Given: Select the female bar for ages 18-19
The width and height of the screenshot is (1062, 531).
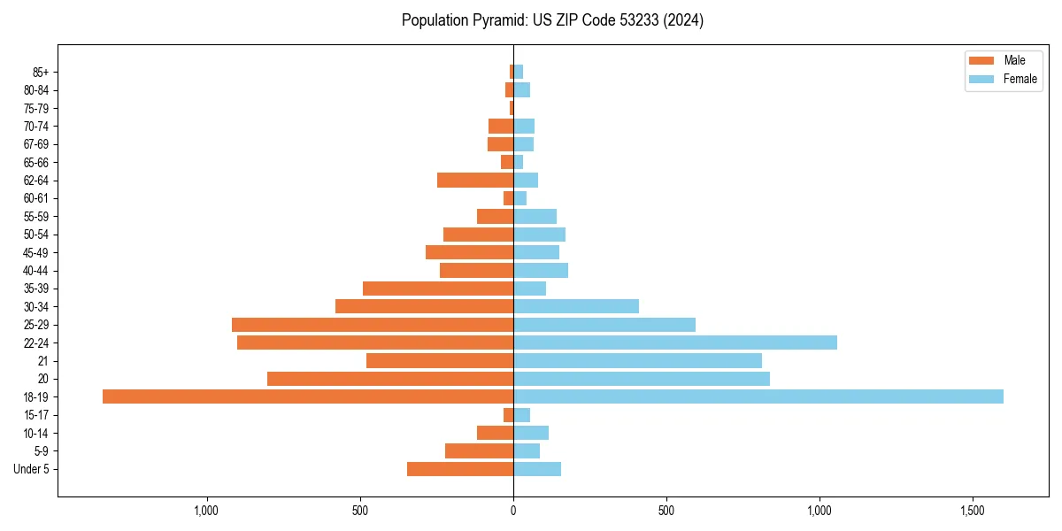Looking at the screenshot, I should click(x=758, y=396).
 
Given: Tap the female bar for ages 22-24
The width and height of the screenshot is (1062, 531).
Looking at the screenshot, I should click(x=675, y=342).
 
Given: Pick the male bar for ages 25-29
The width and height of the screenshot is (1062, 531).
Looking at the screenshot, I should click(x=373, y=325).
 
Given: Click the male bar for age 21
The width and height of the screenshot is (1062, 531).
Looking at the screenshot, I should click(x=440, y=361).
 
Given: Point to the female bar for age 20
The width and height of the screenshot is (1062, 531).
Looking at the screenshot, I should click(x=642, y=379).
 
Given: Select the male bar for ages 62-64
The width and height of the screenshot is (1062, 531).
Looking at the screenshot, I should click(x=475, y=181).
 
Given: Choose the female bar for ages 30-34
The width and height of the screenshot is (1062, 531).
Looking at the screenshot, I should click(x=576, y=306).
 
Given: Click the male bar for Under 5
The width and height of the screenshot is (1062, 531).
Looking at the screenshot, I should click(x=460, y=469).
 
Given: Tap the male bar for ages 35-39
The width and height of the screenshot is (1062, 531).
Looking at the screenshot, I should click(x=438, y=289).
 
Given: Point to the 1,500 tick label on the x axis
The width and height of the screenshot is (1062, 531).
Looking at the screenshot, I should click(x=973, y=511).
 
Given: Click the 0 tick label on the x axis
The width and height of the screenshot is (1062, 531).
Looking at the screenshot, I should click(x=513, y=511).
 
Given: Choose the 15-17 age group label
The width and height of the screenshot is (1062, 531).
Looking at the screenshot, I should click(x=36, y=415).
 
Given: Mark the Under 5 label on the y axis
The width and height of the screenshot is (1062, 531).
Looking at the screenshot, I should click(x=32, y=469).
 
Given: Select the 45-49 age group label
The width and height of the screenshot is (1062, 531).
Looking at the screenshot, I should click(x=36, y=252).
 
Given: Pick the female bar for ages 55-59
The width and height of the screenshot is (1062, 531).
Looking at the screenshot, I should click(x=535, y=216).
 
